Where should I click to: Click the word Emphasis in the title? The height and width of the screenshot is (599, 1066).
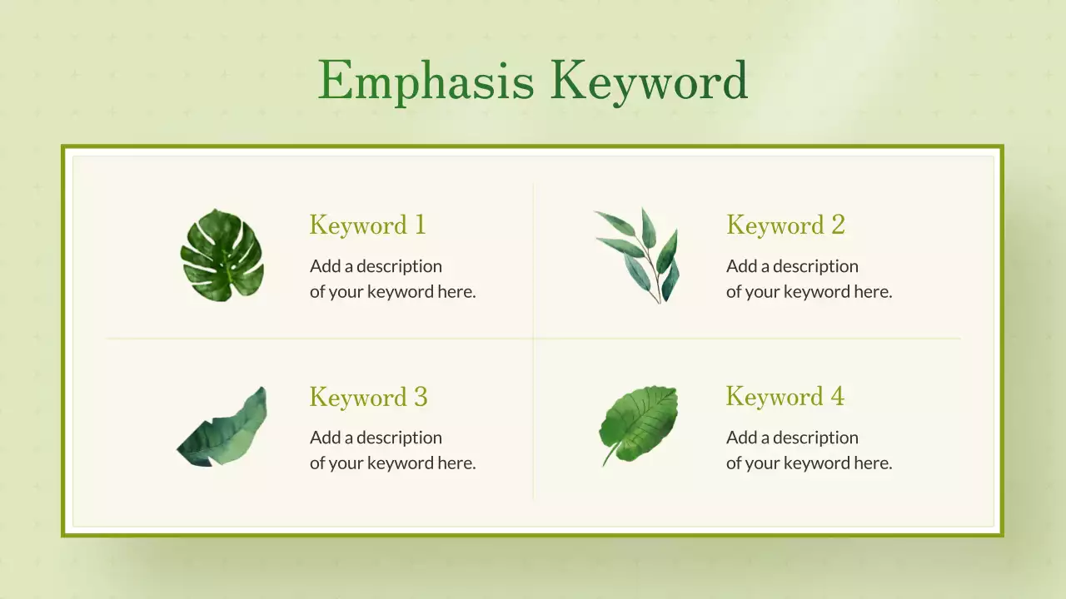click(426, 82)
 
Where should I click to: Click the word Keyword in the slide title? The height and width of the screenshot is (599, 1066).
click(648, 82)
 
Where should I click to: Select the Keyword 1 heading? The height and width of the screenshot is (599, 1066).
click(367, 225)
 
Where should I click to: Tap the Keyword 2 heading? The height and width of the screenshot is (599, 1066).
click(785, 225)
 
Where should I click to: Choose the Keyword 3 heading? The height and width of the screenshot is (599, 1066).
click(368, 397)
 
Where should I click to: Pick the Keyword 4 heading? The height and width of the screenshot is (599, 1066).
click(785, 397)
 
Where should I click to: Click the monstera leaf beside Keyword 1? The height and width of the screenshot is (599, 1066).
click(222, 255)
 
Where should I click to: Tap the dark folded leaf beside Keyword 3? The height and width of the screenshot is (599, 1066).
click(223, 428)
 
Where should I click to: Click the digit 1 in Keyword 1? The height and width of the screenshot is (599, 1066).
click(419, 225)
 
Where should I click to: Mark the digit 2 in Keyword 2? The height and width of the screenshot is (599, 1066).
click(837, 225)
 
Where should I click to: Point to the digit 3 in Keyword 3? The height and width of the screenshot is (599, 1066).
click(420, 397)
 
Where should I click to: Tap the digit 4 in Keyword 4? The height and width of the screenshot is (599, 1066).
click(837, 397)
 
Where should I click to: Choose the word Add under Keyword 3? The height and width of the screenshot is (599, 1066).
click(326, 438)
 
